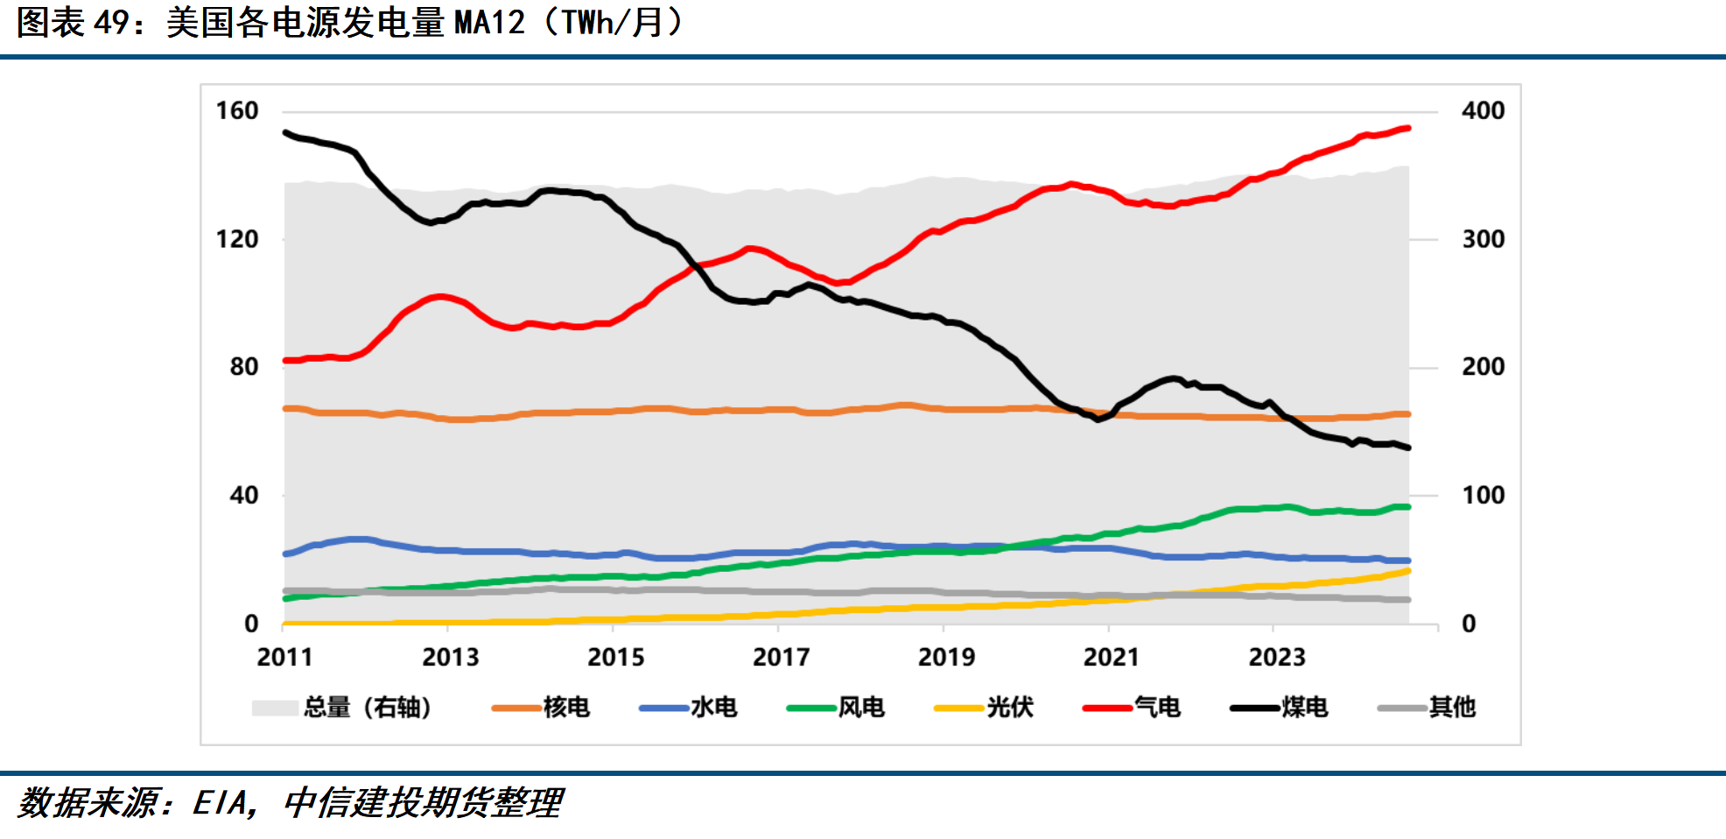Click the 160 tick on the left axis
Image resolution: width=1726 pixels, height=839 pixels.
click(x=237, y=111)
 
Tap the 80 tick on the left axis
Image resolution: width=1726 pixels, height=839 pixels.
click(x=244, y=367)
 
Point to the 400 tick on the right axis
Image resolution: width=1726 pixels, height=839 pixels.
click(x=1483, y=111)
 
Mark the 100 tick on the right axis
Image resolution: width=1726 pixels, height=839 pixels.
click(x=1483, y=496)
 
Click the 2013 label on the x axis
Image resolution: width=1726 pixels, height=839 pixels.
click(x=450, y=657)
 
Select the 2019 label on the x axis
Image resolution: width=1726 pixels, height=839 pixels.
click(x=946, y=657)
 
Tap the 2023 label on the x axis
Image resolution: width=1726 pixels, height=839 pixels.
click(x=1276, y=657)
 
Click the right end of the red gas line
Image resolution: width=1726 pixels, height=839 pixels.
click(x=1407, y=129)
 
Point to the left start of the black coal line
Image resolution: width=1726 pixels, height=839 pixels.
click(x=285, y=133)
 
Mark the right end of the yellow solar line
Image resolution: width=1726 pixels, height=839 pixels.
click(x=1407, y=571)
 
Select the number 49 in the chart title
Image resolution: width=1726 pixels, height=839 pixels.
click(x=112, y=23)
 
